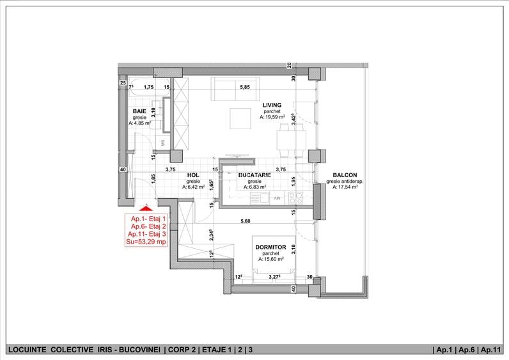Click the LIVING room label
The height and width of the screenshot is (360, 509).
(272, 105)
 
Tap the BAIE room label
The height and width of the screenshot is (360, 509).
(139, 111)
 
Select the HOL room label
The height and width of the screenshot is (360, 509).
(193, 175)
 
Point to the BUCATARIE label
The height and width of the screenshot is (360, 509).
(254, 175)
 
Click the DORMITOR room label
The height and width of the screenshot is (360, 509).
(270, 247)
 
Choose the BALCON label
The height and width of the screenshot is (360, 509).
(345, 175)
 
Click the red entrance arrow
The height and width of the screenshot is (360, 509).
(146, 208)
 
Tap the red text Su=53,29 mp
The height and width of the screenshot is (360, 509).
(146, 242)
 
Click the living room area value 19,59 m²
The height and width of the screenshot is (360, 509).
(272, 117)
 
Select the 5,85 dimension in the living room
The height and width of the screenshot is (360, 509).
(245, 87)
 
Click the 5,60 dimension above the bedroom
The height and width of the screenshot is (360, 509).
(245, 221)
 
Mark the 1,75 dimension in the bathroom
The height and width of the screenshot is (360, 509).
(148, 87)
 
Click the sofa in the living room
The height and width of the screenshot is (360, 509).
(235, 89)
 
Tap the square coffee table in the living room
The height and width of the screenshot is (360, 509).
(240, 118)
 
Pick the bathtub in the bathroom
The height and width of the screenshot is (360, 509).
(150, 87)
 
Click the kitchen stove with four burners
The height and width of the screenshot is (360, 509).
(295, 198)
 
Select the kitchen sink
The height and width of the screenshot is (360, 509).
(260, 198)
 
